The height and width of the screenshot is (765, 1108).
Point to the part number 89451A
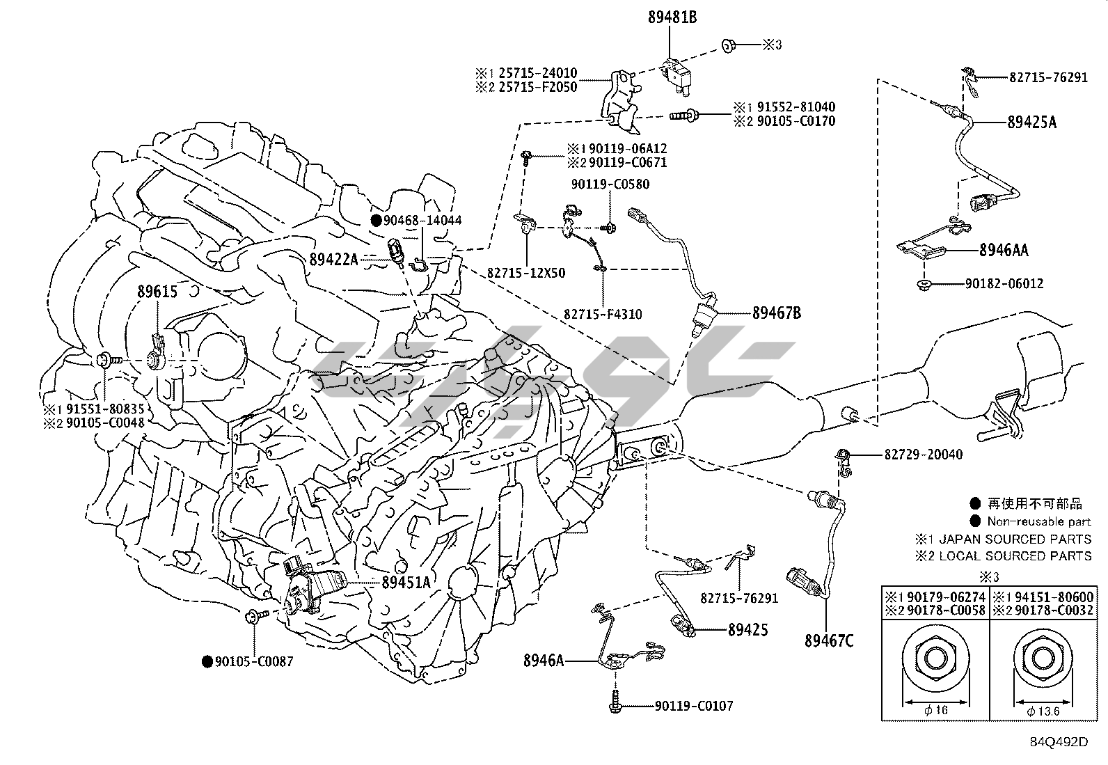pyautogui.click(x=406, y=583)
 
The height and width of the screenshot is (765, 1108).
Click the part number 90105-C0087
pyautogui.click(x=256, y=662)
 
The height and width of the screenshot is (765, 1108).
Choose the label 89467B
pyautogui.click(x=776, y=313)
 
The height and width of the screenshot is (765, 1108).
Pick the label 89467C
pyautogui.click(x=828, y=640)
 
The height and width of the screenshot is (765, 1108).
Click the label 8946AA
pyautogui.click(x=1004, y=251)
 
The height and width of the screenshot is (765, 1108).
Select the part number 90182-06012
pyautogui.click(x=1004, y=284)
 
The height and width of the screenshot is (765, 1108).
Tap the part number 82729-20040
pyautogui.click(x=924, y=455)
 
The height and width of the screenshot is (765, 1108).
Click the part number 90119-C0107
pyautogui.click(x=693, y=707)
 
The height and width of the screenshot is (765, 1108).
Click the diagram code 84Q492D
pyautogui.click(x=1059, y=741)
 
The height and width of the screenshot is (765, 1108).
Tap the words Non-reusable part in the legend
pyautogui.click(x=1039, y=521)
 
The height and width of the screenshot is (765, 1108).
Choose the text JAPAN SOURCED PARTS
pyautogui.click(x=1015, y=539)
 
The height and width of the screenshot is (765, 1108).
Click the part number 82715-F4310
pyautogui.click(x=603, y=315)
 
